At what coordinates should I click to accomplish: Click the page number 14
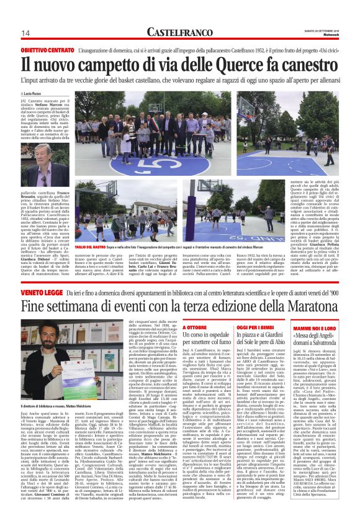(x=25, y=33)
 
